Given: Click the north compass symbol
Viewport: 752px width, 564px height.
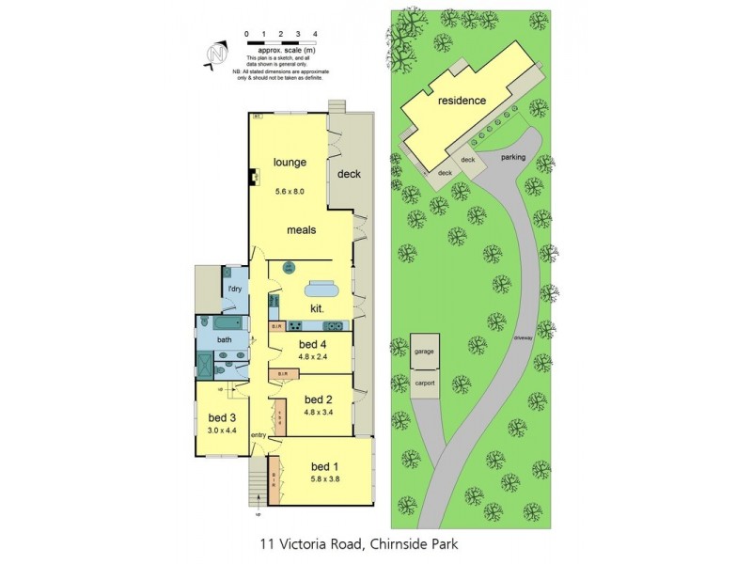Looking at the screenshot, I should tap(216, 55).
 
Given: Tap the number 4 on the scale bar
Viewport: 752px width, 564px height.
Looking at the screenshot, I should tap(315, 34).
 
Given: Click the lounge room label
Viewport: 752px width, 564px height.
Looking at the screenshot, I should tap(290, 163).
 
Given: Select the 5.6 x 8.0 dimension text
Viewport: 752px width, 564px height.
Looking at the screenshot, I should tap(291, 192).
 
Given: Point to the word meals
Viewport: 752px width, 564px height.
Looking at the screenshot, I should tap(301, 229).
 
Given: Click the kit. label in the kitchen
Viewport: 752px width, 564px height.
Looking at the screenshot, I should tap(318, 308).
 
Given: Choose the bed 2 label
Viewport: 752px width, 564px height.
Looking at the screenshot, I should tap(320, 399).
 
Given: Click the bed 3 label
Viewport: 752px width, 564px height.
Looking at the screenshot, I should tap(223, 418).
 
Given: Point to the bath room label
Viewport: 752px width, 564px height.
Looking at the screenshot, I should tap(225, 339).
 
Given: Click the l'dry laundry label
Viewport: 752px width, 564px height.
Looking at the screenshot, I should tap(235, 289).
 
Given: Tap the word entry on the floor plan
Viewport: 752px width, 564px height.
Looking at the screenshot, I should tap(258, 435).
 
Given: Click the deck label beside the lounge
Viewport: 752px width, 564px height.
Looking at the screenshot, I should tap(349, 174).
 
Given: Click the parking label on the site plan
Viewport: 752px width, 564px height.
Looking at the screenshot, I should tap(513, 157).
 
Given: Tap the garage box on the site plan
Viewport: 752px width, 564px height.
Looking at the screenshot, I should tap(424, 352).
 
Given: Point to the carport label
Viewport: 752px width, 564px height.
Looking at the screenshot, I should tap(424, 384).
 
